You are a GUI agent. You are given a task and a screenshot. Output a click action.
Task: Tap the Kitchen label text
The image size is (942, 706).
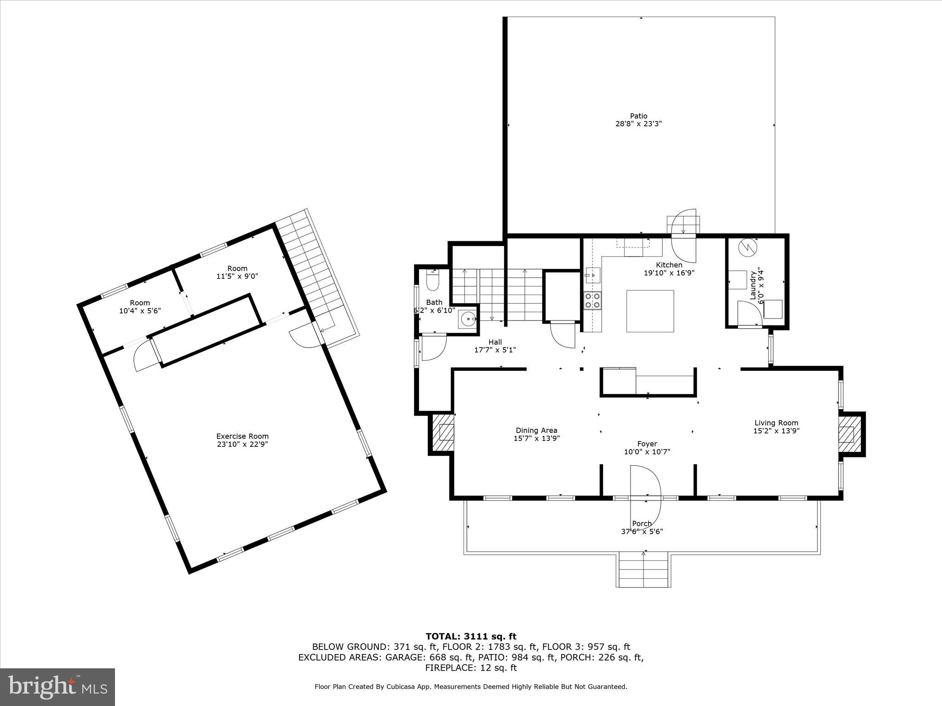(x=669, y=265)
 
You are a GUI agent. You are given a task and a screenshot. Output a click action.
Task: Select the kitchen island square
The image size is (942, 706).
(x=650, y=311)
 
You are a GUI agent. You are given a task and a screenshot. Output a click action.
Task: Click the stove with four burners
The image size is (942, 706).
(x=592, y=301)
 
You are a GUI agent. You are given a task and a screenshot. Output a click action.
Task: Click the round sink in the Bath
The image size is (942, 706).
(x=468, y=318)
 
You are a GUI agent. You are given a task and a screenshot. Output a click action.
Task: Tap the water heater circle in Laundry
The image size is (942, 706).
(x=747, y=248)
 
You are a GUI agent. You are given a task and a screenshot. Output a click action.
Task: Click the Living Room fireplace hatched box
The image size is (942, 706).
(x=847, y=434)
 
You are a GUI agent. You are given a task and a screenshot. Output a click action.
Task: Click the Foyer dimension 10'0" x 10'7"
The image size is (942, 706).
(x=647, y=452)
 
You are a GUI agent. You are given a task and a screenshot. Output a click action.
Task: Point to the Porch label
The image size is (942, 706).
(x=642, y=524)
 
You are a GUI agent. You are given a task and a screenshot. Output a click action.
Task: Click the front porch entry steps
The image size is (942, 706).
(x=643, y=570)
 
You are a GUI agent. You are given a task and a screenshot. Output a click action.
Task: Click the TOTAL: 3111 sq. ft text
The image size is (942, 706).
(x=471, y=637)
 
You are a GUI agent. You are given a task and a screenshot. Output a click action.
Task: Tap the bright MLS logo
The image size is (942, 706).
(x=57, y=687)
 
